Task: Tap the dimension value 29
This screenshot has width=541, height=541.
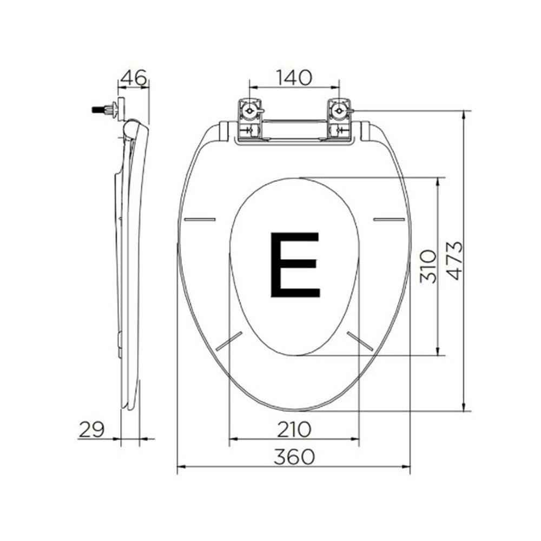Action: (91, 430)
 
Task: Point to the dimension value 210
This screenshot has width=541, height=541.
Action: (294, 430)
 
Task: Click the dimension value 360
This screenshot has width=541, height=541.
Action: (294, 457)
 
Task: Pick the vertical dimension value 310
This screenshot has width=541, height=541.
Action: (428, 266)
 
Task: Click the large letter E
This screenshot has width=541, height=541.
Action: (294, 265)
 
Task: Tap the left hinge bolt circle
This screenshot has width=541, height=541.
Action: (249, 111)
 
